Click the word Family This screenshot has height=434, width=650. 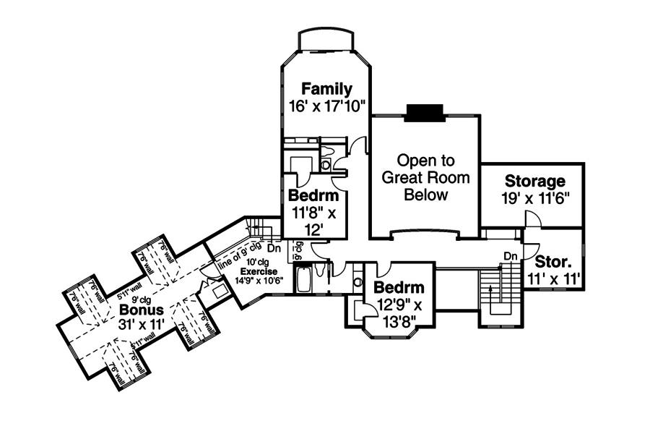coord(326,89)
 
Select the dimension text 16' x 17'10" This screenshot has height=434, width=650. coord(326,106)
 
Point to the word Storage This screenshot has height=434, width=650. coord(534,181)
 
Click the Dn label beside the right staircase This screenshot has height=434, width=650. coord(511,255)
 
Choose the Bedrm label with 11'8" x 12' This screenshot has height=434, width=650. coord(313,197)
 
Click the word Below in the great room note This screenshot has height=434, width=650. coord(425,195)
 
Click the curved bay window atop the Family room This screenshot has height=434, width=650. coord(326,40)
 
